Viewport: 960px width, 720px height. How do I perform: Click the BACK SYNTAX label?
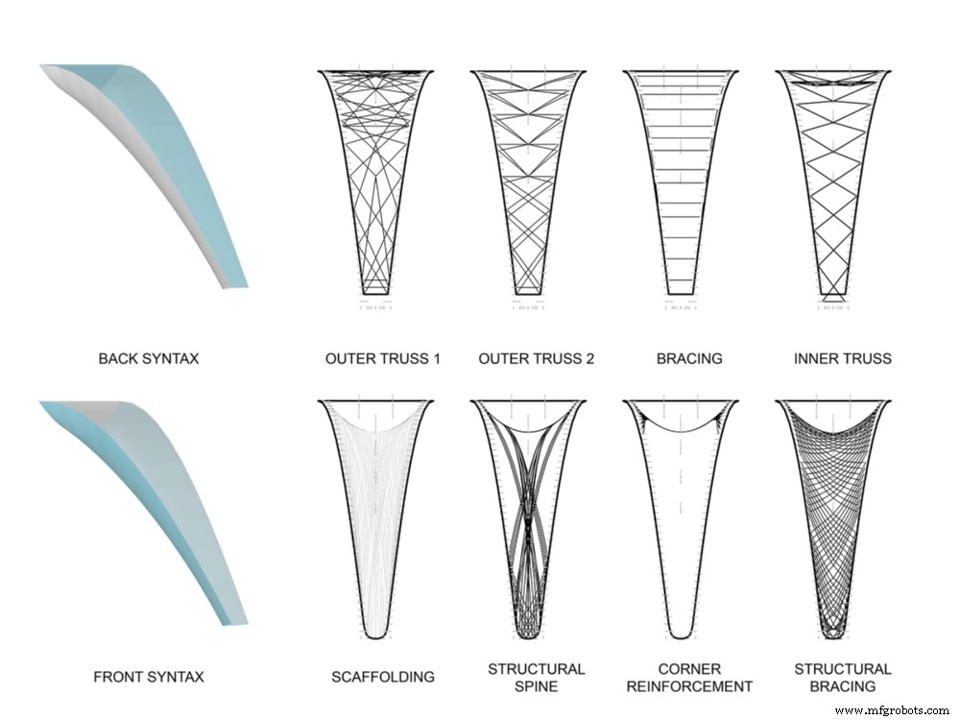point(149,359)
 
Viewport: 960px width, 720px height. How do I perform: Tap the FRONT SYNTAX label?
point(149,677)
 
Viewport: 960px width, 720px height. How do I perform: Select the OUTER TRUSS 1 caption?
point(382,359)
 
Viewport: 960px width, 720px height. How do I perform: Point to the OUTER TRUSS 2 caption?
point(536,359)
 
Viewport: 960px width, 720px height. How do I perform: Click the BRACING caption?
point(689,359)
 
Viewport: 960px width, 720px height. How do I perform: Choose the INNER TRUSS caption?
point(843,359)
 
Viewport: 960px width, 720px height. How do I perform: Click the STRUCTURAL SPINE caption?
point(536,677)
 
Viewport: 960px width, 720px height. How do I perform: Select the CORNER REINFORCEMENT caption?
point(690,677)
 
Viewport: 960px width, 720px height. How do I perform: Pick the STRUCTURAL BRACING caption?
point(843,677)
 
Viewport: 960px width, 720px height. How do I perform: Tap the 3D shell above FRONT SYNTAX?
point(154,499)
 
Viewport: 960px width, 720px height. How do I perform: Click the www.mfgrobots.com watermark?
point(892,710)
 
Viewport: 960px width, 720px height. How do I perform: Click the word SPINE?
point(536,686)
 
